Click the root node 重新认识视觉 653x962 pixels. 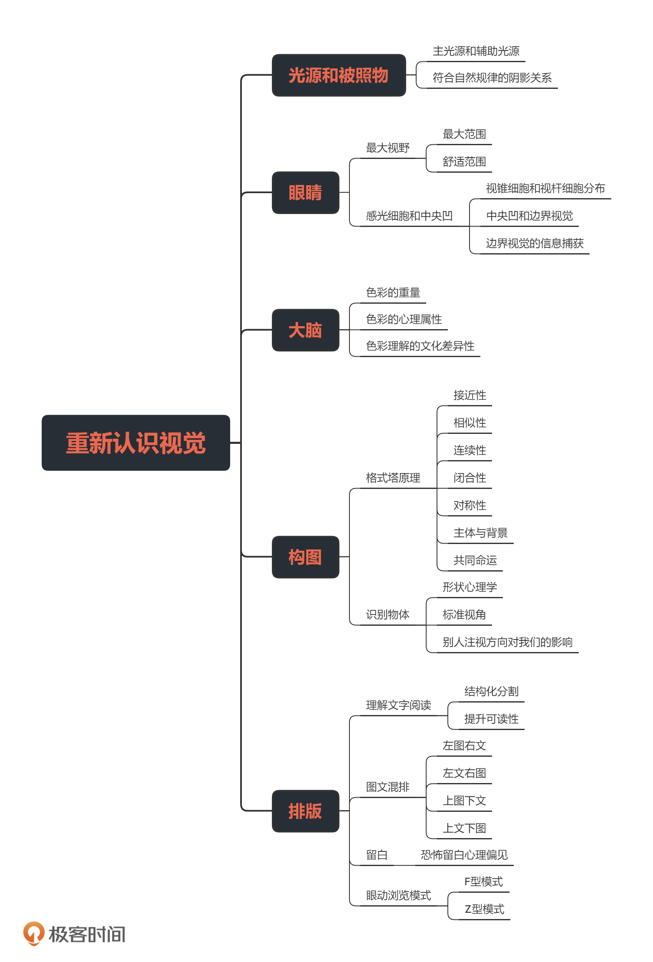[136, 443]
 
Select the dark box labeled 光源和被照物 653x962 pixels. [339, 76]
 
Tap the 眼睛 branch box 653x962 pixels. [305, 193]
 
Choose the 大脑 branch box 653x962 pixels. [305, 330]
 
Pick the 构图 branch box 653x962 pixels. [305, 557]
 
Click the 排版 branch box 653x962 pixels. [305, 811]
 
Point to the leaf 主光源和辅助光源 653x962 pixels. [476, 51]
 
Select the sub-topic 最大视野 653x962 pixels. [387, 148]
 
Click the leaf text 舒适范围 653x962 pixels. [464, 162]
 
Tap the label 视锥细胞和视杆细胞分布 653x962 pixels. [545, 189]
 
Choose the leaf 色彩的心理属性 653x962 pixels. [404, 320]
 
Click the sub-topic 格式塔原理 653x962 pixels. [393, 478]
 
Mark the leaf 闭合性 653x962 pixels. [470, 478]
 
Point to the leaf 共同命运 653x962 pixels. [475, 560]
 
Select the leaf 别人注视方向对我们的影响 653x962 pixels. [507, 642]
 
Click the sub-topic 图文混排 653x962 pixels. [387, 787]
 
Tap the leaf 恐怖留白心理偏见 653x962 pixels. [464, 855]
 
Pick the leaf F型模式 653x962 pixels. [483, 882]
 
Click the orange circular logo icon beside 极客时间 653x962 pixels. [33, 933]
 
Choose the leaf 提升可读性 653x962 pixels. [491, 719]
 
